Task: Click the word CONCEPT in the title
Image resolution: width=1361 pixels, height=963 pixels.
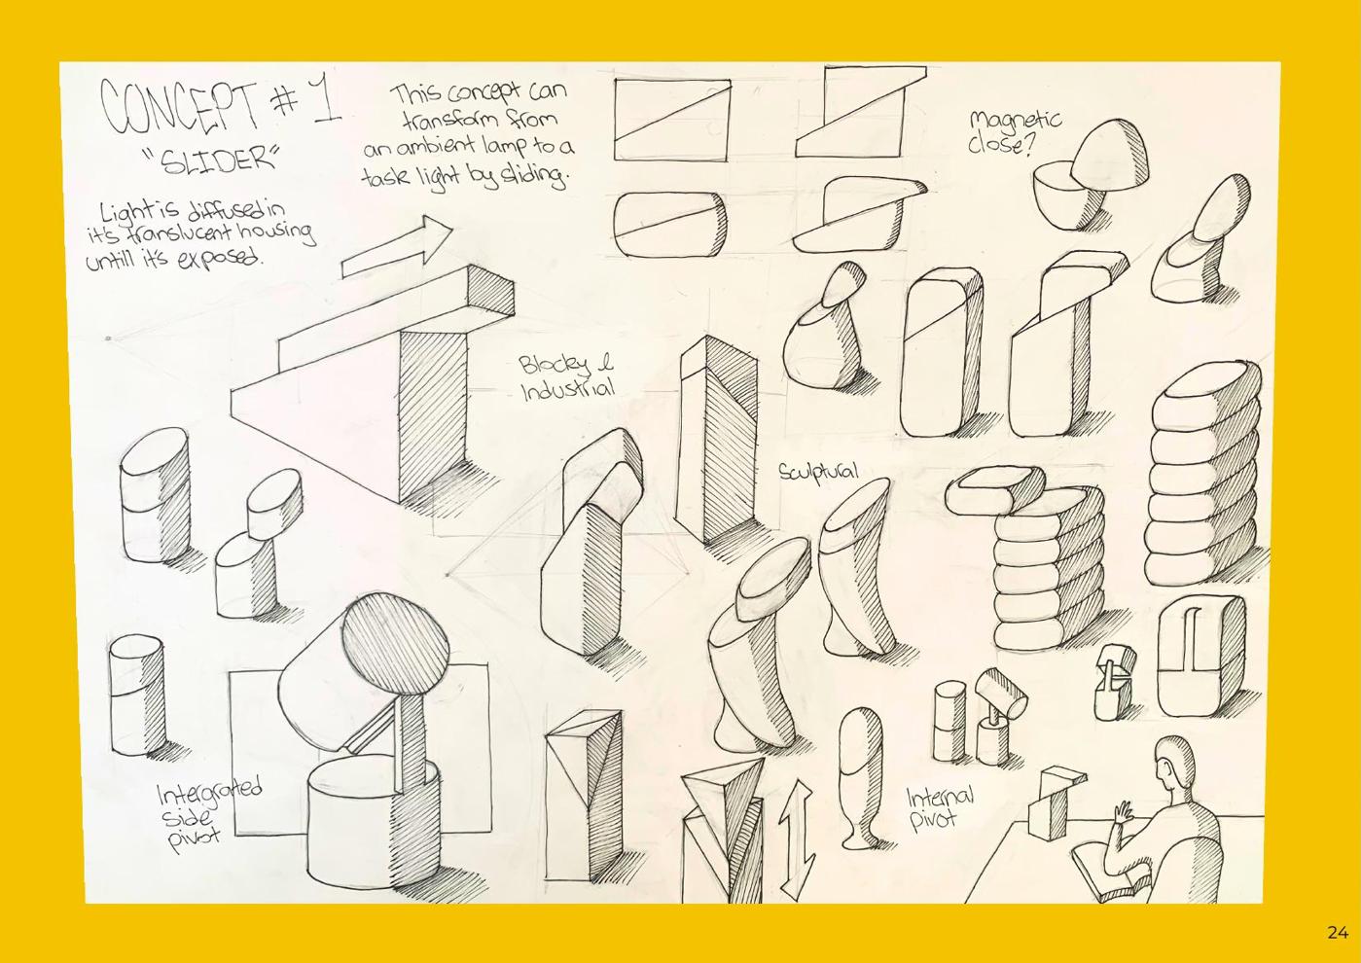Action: tap(179, 108)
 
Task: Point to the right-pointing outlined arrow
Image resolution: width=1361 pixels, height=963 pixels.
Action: tap(397, 249)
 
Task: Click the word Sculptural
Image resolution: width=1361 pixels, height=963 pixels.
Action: tap(819, 472)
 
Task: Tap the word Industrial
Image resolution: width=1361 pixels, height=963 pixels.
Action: tap(567, 389)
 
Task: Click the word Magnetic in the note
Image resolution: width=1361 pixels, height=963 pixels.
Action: tap(1016, 122)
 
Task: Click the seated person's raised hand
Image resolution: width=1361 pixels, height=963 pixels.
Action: tap(1123, 814)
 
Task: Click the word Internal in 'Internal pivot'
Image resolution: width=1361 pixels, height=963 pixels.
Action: tap(940, 797)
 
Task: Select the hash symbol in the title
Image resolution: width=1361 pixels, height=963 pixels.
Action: tap(281, 100)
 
